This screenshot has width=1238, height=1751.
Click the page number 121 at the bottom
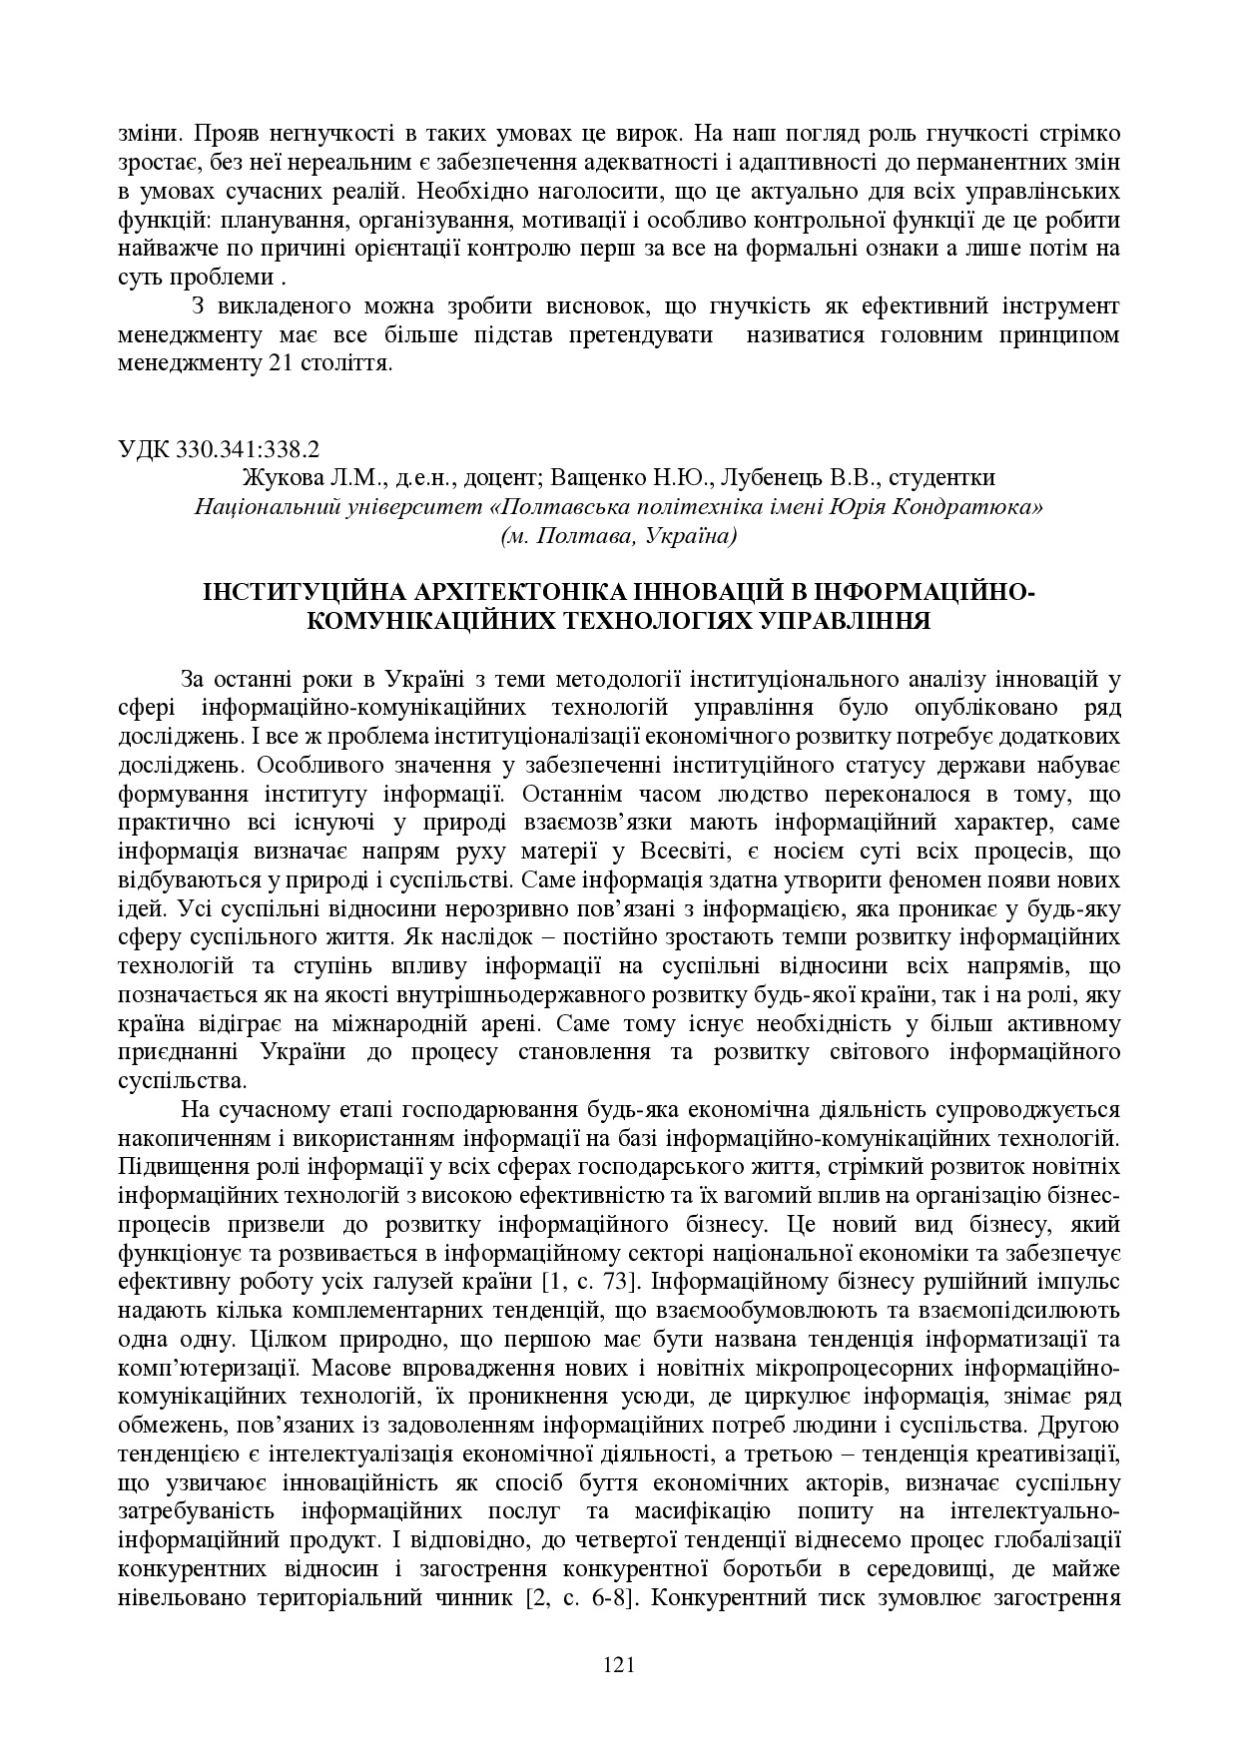point(619,1664)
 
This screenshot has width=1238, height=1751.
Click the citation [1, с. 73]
point(584,1281)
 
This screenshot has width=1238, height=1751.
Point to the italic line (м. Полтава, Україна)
point(619,536)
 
